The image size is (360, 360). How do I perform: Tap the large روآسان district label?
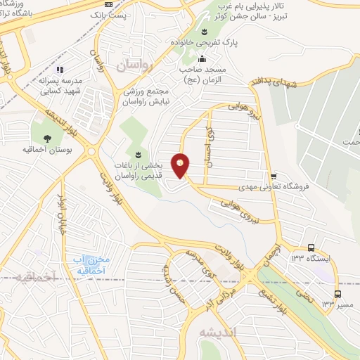pyautogui.click(x=134, y=66)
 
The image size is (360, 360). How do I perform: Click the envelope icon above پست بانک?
pyautogui.click(x=108, y=4)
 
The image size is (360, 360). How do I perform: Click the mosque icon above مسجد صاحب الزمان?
pyautogui.click(x=203, y=58)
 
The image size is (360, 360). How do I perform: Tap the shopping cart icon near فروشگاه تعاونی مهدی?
pyautogui.click(x=274, y=176)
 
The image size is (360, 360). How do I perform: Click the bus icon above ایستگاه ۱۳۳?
pyautogui.click(x=311, y=247)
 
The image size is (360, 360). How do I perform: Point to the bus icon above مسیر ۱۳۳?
pyautogui.click(x=338, y=294)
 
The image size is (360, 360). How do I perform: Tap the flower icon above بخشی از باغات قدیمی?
pyautogui.click(x=138, y=154)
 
